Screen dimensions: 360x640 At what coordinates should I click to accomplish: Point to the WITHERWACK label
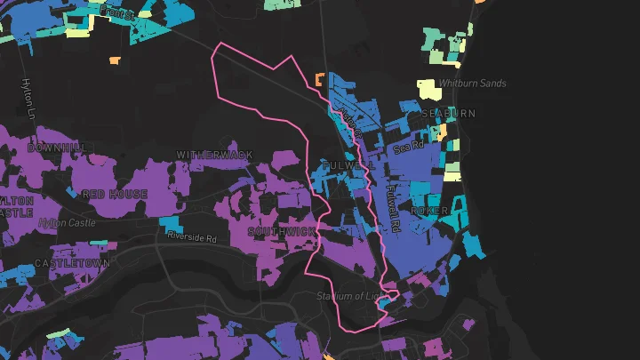tap(214, 155)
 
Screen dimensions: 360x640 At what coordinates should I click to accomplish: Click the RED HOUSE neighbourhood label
tap(115, 194)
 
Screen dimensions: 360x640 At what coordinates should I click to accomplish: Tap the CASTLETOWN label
tap(72, 264)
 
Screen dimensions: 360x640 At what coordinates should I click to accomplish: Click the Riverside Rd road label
tap(192, 238)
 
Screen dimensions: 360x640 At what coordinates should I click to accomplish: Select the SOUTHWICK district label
tap(282, 232)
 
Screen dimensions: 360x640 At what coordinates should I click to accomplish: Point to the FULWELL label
tap(342, 165)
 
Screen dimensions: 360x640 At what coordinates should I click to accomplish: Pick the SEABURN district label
tap(449, 114)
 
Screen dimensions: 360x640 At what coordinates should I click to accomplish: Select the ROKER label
tap(430, 211)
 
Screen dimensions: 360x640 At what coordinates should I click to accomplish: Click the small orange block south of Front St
tap(115, 60)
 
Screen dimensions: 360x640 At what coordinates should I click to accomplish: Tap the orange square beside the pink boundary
tap(320, 81)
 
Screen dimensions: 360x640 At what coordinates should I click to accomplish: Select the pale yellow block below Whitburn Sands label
tap(428, 91)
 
